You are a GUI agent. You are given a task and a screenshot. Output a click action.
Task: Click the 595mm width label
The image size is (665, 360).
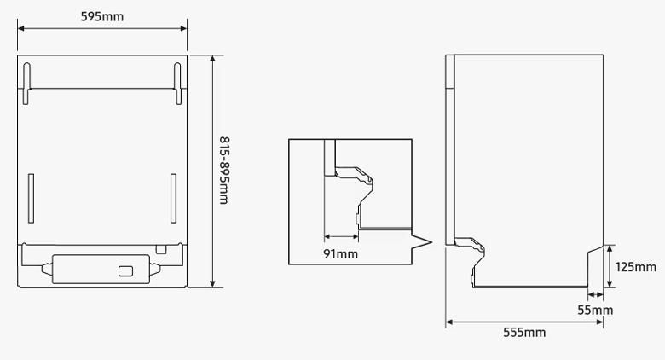[x=102, y=16]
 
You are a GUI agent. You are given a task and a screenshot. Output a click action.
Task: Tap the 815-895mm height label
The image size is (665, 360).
[x=224, y=171]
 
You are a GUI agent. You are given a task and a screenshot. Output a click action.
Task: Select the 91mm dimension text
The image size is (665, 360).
[x=340, y=254]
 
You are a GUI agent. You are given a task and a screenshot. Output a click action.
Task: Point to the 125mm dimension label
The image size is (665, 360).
[x=635, y=267]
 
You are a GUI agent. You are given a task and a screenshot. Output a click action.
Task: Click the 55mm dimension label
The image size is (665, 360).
[x=595, y=311]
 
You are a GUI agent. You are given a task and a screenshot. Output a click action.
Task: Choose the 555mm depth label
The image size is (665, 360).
[x=524, y=333]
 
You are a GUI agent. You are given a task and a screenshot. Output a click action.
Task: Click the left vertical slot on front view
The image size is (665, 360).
[x=31, y=198]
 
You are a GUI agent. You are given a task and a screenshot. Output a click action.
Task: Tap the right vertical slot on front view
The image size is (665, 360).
[x=173, y=198]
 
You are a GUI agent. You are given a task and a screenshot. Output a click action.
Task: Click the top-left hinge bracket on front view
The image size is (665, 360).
[x=26, y=84]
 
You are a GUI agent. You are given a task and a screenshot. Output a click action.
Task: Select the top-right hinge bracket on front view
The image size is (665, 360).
[x=177, y=84]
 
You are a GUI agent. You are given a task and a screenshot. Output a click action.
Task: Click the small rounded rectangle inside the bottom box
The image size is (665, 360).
[x=125, y=271]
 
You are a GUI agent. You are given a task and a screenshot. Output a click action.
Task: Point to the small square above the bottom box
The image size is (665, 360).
[x=161, y=249]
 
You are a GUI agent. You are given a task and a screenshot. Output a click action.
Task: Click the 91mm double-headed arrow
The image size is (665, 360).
[x=341, y=236]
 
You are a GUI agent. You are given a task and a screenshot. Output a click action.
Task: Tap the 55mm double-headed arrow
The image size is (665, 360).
[x=595, y=294]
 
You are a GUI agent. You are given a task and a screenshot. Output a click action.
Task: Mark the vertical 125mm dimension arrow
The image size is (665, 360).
[x=610, y=266]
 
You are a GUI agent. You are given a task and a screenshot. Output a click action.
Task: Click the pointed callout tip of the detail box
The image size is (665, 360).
[x=431, y=243]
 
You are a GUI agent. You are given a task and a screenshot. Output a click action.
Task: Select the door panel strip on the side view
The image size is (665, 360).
[x=449, y=149]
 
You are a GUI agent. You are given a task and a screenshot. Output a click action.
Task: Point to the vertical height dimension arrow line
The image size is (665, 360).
[x=212, y=171]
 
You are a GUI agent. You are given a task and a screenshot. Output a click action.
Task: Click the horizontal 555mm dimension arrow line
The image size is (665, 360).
[x=524, y=322]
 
